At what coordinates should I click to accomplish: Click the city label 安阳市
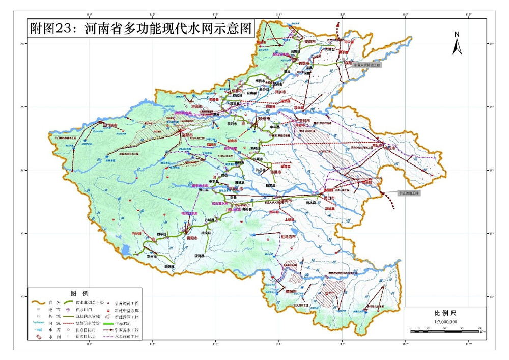coord(310,41)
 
